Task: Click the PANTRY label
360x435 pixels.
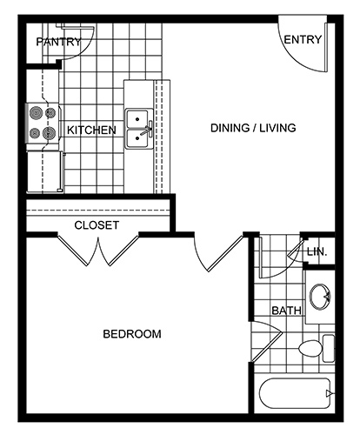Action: click(x=58, y=42)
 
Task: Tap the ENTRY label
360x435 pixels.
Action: click(x=303, y=39)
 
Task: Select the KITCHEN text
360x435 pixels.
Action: click(x=91, y=130)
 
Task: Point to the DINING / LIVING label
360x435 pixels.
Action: click(x=253, y=128)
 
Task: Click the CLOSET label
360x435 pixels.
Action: click(x=97, y=225)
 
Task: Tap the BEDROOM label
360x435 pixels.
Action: click(x=132, y=334)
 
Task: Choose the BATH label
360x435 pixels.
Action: click(x=286, y=311)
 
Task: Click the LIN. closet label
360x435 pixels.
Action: click(x=317, y=251)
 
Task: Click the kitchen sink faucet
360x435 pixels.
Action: click(x=147, y=130)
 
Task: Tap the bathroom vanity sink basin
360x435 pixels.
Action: click(x=320, y=297)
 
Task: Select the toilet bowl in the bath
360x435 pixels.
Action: click(x=310, y=349)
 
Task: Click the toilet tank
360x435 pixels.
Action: click(x=329, y=348)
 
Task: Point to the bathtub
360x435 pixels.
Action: click(x=295, y=393)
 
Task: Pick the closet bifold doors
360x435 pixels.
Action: click(x=98, y=250)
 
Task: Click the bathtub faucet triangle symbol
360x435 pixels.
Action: click(x=329, y=393)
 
